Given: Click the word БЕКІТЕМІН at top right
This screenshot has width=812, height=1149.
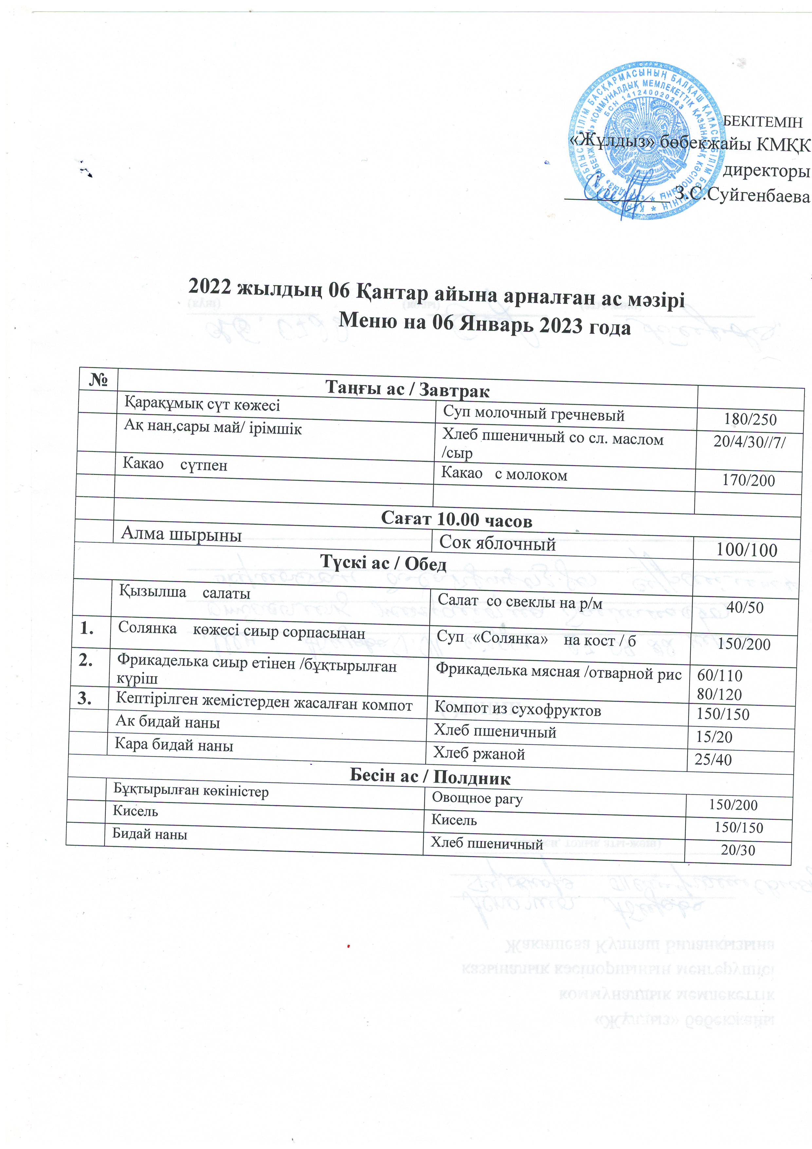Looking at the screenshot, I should click(763, 122).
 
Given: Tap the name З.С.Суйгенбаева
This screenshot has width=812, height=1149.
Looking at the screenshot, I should click(742, 196).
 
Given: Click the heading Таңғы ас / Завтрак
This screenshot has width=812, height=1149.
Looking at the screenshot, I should click(407, 389).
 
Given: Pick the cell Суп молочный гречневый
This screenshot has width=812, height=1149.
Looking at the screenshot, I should click(534, 415).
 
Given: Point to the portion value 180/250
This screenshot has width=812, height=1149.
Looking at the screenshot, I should click(750, 419).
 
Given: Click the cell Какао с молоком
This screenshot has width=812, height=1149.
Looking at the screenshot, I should click(504, 474).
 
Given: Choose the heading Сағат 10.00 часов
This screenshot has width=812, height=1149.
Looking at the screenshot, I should click(456, 519).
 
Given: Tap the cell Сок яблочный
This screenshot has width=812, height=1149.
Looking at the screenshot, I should click(497, 543).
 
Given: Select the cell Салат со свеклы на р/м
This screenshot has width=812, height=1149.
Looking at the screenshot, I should click(520, 602).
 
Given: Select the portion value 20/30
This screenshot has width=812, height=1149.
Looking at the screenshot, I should click(738, 850).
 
